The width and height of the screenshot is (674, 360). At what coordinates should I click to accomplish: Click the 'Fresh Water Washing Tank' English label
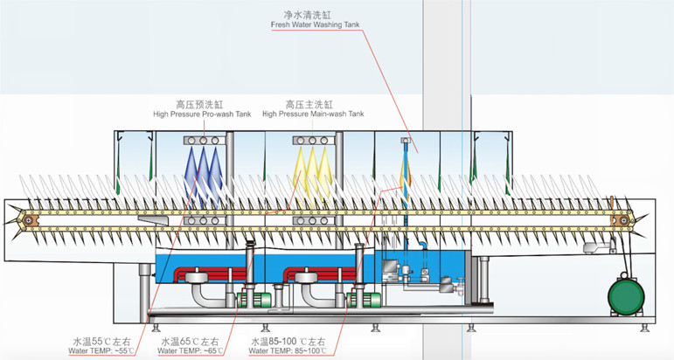(x=314, y=25)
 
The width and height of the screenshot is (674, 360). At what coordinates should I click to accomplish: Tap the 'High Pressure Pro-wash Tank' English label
(x=202, y=114)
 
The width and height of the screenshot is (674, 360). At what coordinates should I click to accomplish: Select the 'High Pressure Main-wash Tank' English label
(x=313, y=114)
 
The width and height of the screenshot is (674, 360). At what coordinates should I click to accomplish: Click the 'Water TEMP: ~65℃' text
(x=190, y=351)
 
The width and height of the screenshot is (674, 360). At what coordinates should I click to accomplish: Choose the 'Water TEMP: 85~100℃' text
(x=288, y=351)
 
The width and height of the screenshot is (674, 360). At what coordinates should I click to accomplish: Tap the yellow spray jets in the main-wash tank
(x=312, y=170)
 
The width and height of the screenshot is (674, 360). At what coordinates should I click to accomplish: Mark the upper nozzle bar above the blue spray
(x=204, y=140)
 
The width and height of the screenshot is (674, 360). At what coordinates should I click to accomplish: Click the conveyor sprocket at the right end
(x=622, y=220)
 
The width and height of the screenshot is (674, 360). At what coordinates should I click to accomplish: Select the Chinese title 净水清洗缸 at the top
(x=314, y=15)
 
